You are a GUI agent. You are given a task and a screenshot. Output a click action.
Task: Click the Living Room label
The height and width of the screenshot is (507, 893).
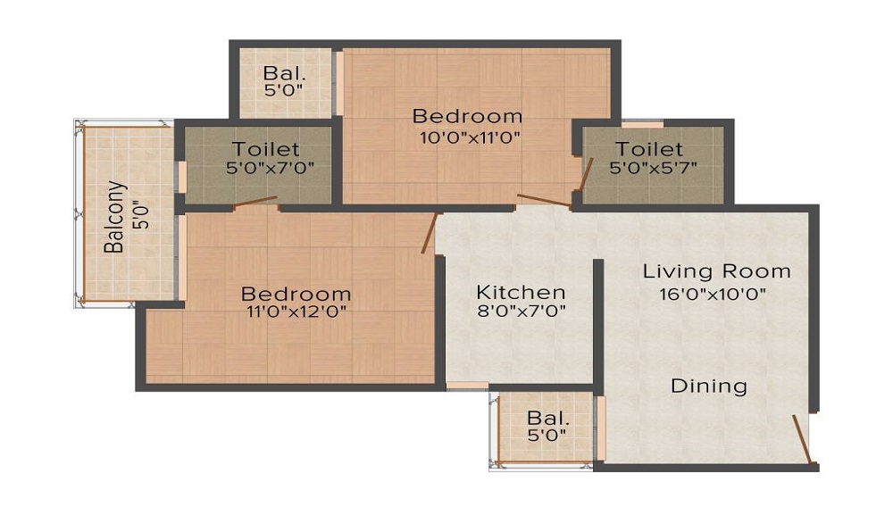pos(717,271)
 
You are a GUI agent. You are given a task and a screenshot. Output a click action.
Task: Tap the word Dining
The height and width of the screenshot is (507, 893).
pos(709,386)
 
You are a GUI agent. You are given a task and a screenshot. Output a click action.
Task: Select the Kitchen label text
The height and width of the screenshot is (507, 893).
pos(521,292)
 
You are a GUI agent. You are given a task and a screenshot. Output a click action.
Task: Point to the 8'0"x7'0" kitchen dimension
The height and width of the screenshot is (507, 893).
pos(522,312)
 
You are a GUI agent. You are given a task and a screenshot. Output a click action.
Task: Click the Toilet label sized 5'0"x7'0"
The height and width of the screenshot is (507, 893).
pos(266,149)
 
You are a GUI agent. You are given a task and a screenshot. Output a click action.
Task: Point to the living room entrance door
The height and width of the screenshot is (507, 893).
pos(802,440)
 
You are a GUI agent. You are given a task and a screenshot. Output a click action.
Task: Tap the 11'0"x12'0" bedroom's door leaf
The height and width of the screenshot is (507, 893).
pos(430,233)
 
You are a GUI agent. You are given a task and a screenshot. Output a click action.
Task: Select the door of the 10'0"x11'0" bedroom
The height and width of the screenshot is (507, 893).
pos(543,200)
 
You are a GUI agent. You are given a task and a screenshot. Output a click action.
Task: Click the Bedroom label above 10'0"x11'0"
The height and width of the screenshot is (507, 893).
pos(467,116)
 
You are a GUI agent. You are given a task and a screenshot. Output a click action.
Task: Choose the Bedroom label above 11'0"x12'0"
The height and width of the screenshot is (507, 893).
pos(296,294)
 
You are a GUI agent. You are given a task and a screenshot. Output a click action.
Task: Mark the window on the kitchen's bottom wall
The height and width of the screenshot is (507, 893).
pos(467,386)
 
